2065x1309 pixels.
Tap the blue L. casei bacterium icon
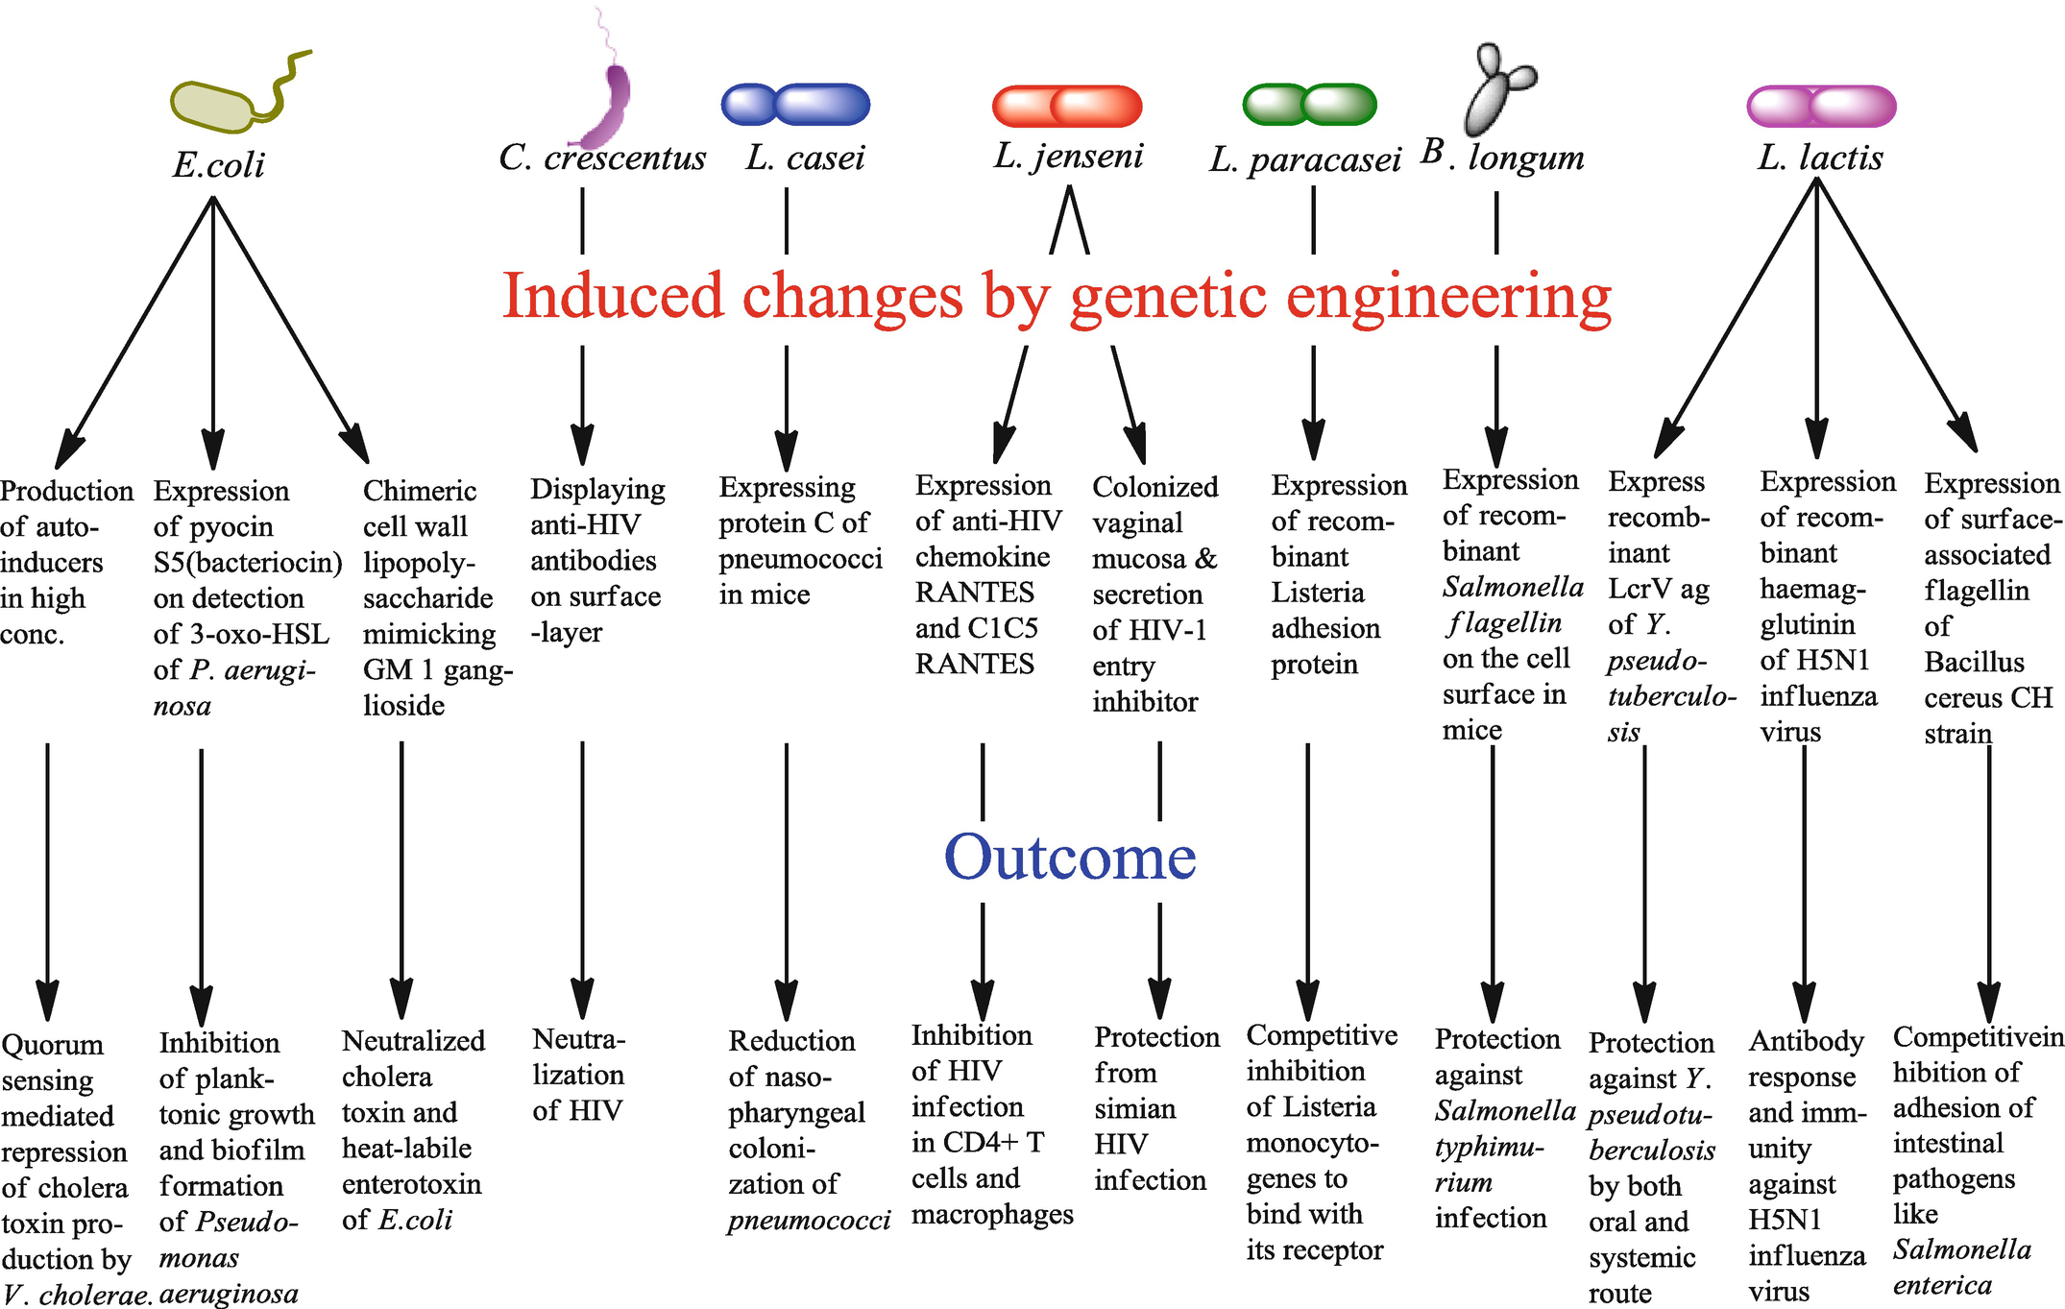(795, 104)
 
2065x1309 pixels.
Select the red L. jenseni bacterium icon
(1066, 106)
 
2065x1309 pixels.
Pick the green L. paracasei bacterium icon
(1309, 104)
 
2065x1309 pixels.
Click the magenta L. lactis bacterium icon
(1820, 106)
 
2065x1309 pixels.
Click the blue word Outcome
(1069, 857)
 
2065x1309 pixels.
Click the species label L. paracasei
(1304, 159)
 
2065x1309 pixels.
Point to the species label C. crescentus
(602, 158)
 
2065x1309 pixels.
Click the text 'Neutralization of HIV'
(578, 1075)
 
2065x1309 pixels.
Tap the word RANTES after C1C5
(974, 664)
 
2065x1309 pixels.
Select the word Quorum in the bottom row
(52, 1044)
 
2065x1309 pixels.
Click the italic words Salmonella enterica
(1959, 1267)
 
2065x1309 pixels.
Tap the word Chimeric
(419, 491)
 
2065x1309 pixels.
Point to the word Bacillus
(1973, 662)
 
